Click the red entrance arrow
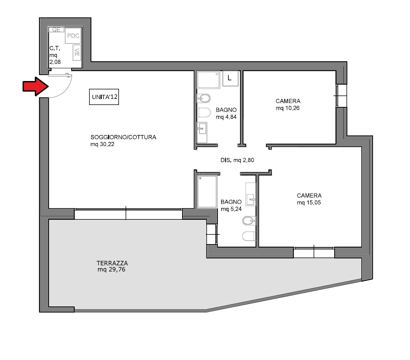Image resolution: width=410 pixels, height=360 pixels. pyautogui.click(x=35, y=86)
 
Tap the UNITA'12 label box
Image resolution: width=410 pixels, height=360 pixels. pyautogui.click(x=104, y=97)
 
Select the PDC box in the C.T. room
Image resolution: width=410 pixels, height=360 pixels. pyautogui.click(x=73, y=36)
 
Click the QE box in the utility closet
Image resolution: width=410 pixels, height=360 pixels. pyautogui.click(x=57, y=30)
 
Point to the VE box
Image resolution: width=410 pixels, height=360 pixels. pyautogui.click(x=77, y=52)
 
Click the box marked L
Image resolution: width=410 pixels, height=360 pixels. pyautogui.click(x=230, y=78)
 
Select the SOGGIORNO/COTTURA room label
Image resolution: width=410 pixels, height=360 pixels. pyautogui.click(x=123, y=137)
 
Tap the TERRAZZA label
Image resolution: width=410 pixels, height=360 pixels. pyautogui.click(x=112, y=263)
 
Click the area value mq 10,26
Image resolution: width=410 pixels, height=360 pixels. pyautogui.click(x=287, y=108)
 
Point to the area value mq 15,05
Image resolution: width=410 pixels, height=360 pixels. pyautogui.click(x=309, y=203)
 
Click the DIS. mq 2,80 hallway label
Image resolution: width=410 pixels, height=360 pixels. pyautogui.click(x=237, y=160)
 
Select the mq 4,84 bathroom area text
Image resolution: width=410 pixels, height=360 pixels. pyautogui.click(x=226, y=117)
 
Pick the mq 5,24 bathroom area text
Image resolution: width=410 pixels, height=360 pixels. pyautogui.click(x=231, y=209)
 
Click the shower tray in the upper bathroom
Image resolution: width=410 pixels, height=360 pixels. pyautogui.click(x=208, y=80)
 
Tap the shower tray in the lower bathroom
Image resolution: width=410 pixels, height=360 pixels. pyautogui.click(x=207, y=192)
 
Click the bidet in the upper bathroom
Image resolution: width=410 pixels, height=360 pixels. pyautogui.click(x=204, y=99)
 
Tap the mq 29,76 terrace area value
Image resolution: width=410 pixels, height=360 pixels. pyautogui.click(x=111, y=270)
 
